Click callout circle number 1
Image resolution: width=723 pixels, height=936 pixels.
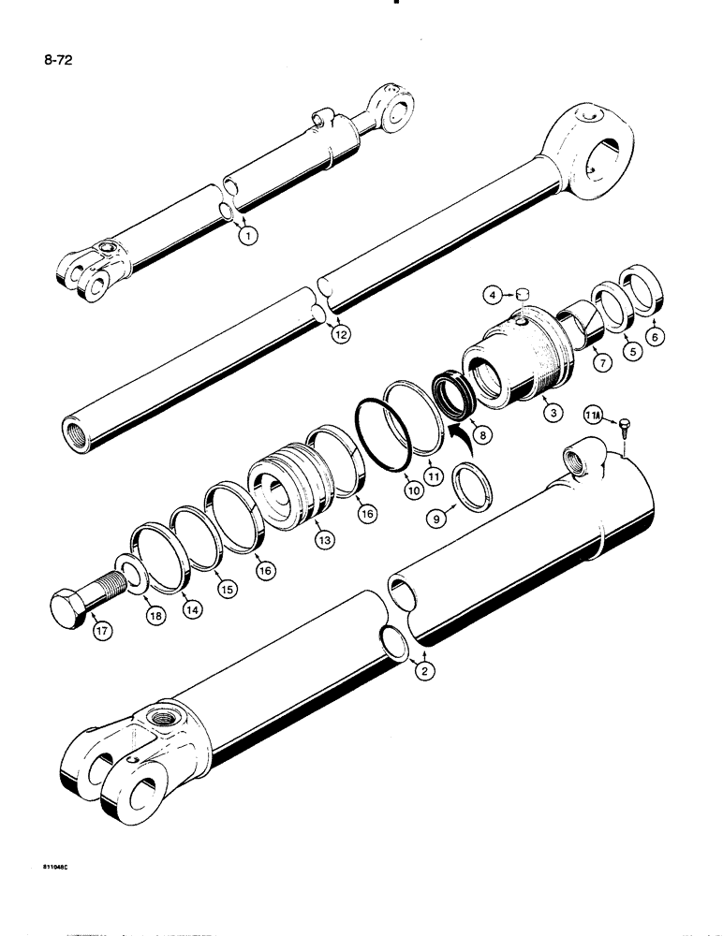click(247, 236)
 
